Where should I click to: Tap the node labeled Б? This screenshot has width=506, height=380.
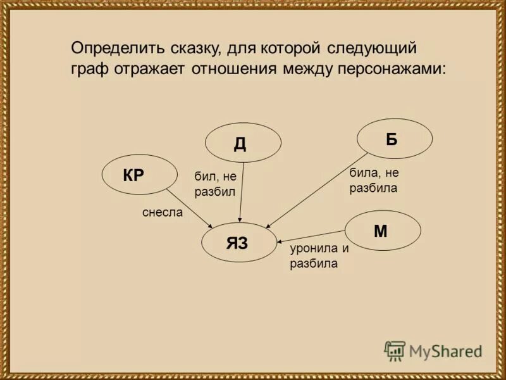(395, 139)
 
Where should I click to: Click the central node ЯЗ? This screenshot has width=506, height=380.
(239, 243)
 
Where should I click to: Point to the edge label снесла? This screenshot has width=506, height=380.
(162, 213)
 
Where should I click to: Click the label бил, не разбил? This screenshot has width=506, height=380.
(215, 184)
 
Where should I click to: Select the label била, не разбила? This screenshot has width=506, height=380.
(373, 180)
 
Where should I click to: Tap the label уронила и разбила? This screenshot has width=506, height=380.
(319, 256)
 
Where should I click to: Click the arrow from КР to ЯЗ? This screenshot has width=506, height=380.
(190, 208)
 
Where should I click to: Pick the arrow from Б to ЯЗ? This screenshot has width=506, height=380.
(316, 190)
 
